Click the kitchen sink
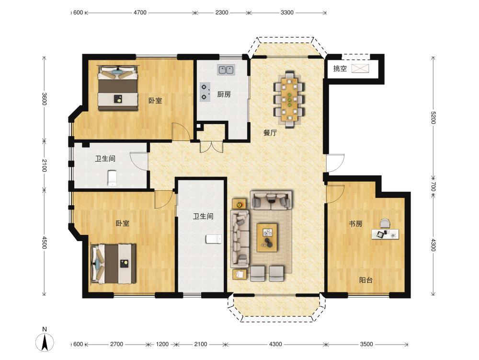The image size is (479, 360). click(226, 70)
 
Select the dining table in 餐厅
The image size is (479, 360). click(289, 99)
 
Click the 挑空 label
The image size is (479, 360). click(340, 69)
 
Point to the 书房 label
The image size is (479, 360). click(356, 224)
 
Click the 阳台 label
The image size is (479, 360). click(365, 280)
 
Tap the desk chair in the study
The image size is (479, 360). click(385, 223)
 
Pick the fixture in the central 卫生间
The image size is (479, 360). click(213, 239)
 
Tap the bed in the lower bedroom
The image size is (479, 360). click(114, 264)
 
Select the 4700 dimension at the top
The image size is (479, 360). click(140, 12)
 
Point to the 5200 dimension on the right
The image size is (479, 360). click(433, 117)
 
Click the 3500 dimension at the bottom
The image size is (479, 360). click(366, 344)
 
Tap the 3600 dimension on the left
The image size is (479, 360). click(44, 99)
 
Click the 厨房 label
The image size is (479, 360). click(224, 94)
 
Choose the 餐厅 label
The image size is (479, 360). click(270, 133)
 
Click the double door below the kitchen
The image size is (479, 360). click(212, 147)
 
